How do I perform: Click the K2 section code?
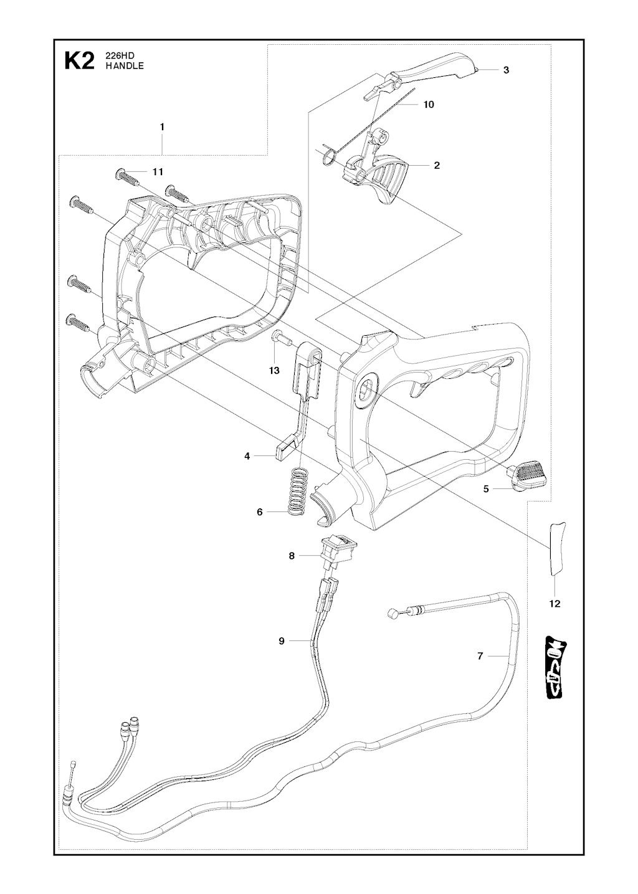(80, 62)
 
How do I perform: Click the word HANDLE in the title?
(125, 67)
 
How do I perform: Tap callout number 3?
(506, 70)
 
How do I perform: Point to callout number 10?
(429, 105)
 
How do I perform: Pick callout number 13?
(274, 371)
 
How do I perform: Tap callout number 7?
(480, 656)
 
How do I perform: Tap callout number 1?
(162, 127)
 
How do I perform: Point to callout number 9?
(282, 642)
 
